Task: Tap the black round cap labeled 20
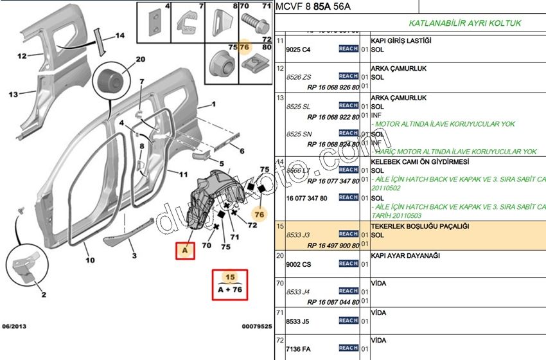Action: point(107,82)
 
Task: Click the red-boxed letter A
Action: point(185,251)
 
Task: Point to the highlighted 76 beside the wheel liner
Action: point(260,214)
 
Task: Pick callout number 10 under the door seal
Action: point(89,260)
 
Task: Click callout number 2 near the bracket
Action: point(44,294)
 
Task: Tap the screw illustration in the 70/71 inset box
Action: point(252,25)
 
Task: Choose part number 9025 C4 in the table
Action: point(297,50)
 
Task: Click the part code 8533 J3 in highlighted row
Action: point(297,235)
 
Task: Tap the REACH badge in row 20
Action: point(348,264)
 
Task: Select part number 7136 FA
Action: point(299,349)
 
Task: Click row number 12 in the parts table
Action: point(280,67)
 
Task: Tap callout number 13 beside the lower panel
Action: point(13,94)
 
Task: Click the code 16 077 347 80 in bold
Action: point(308,198)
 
